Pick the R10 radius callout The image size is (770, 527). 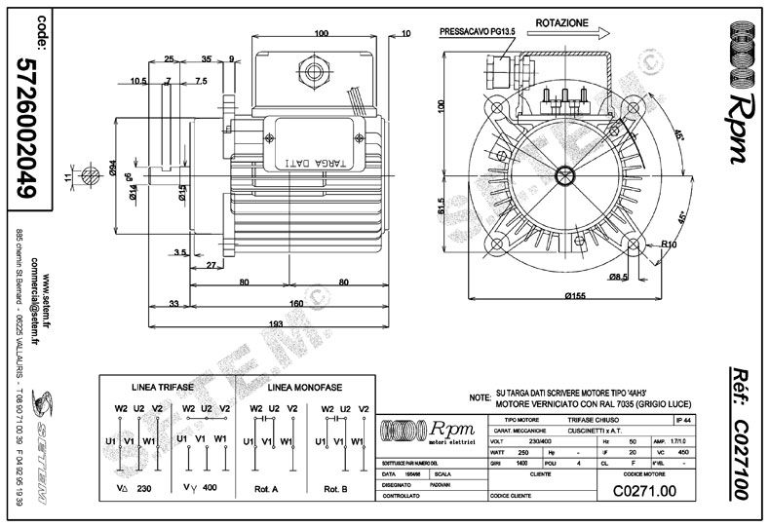669,245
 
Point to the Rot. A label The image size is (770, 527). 267,489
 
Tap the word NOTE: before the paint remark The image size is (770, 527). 479,398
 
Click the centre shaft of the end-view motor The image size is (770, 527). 564,174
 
